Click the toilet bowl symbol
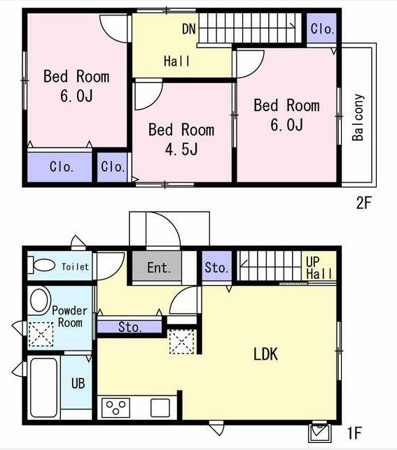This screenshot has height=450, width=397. pyautogui.click(x=41, y=265)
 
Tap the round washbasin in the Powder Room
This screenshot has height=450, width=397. pyautogui.click(x=39, y=300)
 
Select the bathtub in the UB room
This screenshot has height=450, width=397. pyautogui.click(x=43, y=387)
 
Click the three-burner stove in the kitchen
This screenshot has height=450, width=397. pyautogui.click(x=116, y=407)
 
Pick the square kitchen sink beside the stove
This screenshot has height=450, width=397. pyautogui.click(x=160, y=408)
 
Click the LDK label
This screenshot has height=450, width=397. pyautogui.click(x=265, y=354)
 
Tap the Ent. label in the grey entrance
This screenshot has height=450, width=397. pyautogui.click(x=159, y=268)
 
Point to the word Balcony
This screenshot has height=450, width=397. pyautogui.click(x=358, y=117)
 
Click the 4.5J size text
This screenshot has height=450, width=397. pyautogui.click(x=181, y=150)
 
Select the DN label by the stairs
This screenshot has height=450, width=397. pyautogui.click(x=189, y=29)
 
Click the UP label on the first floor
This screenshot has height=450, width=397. pyautogui.click(x=313, y=262)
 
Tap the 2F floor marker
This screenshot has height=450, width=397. pyautogui.click(x=363, y=203)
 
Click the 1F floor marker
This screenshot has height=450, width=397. pyautogui.click(x=354, y=433)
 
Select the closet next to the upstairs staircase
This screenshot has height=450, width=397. pyautogui.click(x=321, y=29)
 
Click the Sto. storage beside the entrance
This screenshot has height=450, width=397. pyautogui.click(x=217, y=266)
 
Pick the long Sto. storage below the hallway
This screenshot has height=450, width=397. pyautogui.click(x=130, y=327)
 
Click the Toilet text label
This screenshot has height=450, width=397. pyautogui.click(x=76, y=267)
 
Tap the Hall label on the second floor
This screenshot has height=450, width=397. pyautogui.click(x=177, y=61)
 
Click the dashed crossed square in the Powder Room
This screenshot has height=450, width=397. pyautogui.click(x=41, y=334)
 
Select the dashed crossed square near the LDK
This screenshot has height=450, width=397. pyautogui.click(x=182, y=342)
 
